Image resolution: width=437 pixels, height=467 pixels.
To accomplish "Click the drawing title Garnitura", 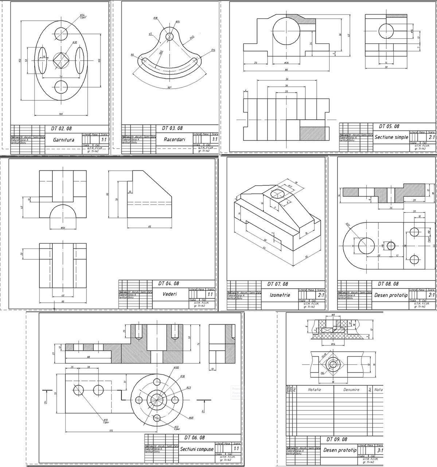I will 63,140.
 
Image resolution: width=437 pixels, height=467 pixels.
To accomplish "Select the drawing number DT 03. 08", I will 172,128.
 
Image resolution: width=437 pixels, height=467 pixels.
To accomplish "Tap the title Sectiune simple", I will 391,137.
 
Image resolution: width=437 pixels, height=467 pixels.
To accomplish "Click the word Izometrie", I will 280,295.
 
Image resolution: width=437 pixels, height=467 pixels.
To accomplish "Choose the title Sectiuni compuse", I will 197,449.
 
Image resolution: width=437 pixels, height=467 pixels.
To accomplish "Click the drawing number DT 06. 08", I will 194,438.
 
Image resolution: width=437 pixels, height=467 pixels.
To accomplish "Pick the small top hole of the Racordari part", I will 169,36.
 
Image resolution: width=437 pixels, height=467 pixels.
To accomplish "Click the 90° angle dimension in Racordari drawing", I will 169,88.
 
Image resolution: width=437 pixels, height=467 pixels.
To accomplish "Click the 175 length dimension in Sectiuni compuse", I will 111,431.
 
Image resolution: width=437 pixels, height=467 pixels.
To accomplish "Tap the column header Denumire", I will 351,390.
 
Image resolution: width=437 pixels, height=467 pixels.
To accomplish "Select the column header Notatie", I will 315,390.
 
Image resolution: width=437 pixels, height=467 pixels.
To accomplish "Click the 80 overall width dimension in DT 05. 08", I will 286,70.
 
